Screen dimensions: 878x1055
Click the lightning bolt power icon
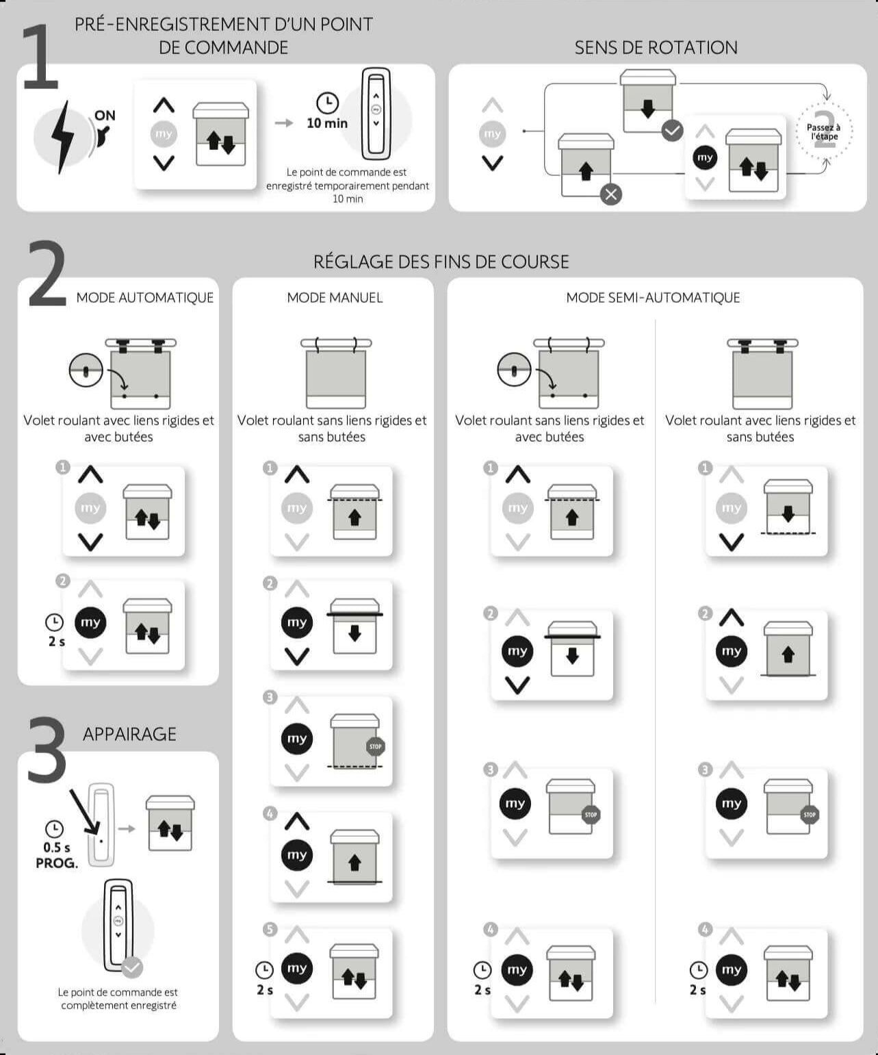pos(63,136)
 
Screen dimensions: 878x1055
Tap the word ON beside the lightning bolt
pos(105,116)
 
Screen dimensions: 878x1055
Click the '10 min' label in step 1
pos(327,123)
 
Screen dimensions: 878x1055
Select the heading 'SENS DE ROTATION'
pos(656,47)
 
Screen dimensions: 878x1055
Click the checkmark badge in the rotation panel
pos(672,131)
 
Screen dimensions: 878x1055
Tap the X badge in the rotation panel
pos(610,194)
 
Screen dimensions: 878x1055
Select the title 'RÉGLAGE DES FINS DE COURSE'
pos(441,262)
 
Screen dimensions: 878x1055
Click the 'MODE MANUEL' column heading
pos(335,298)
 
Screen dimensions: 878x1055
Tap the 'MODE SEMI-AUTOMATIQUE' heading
pos(653,298)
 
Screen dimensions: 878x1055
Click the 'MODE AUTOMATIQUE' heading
pos(144,298)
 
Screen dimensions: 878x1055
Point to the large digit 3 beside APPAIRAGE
pos(47,749)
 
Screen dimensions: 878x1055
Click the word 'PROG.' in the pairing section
pos(57,863)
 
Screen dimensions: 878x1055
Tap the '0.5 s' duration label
pos(56,848)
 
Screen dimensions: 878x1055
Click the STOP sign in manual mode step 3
pos(375,746)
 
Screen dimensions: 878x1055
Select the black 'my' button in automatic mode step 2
pos(90,622)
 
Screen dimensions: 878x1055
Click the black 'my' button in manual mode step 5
pos(296,968)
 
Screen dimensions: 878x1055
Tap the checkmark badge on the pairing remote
pos(132,967)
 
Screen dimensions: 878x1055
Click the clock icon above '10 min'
pos(327,103)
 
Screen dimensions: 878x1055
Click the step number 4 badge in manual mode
pos(270,813)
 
